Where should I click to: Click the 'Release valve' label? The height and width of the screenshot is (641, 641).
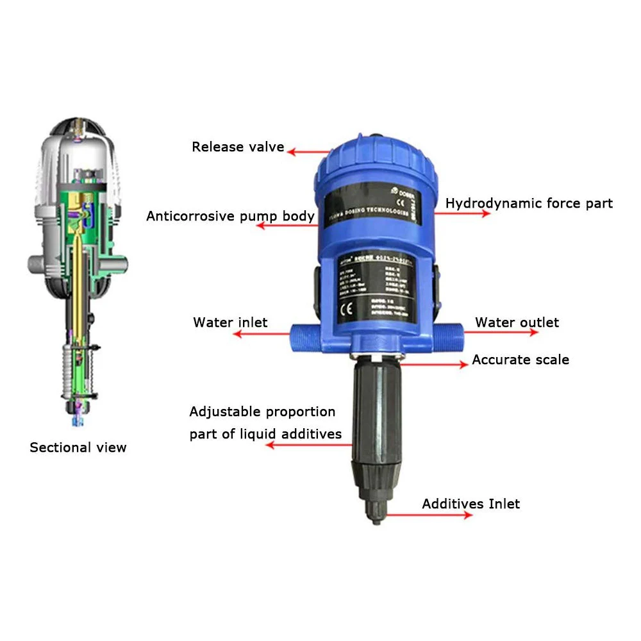pyautogui.click(x=238, y=147)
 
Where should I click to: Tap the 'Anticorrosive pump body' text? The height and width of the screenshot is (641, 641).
pyautogui.click(x=230, y=216)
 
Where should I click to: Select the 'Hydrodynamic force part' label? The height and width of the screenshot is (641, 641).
pyautogui.click(x=529, y=203)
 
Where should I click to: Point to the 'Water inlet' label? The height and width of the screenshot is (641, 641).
pyautogui.click(x=230, y=322)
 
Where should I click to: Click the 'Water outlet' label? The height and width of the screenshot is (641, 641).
pyautogui.click(x=517, y=322)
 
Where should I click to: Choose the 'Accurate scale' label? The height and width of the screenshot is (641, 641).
pyautogui.click(x=520, y=360)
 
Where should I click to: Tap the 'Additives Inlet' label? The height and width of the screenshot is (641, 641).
pyautogui.click(x=470, y=504)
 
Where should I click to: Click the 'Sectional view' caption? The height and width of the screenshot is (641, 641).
pyautogui.click(x=78, y=447)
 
